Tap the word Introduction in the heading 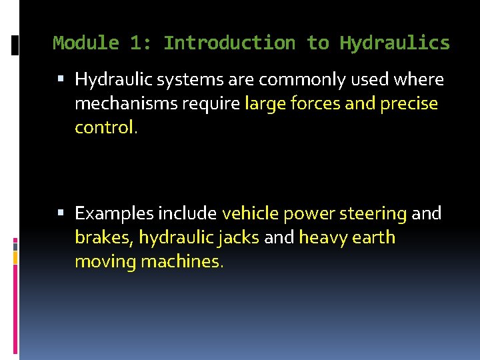click(x=229, y=43)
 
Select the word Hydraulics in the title click(x=395, y=43)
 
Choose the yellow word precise click(x=409, y=104)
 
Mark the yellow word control click(x=105, y=127)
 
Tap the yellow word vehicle click(x=250, y=213)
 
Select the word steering click(x=373, y=213)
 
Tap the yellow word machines click(x=182, y=261)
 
